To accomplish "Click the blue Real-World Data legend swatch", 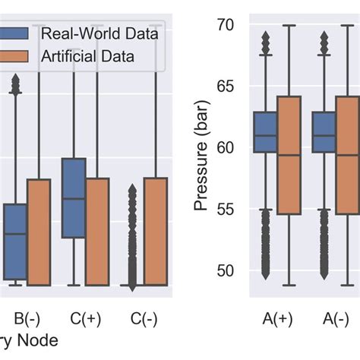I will click(x=14, y=34).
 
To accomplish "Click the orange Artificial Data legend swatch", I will click(x=14, y=56).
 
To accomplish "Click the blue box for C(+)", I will click(x=73, y=197).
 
